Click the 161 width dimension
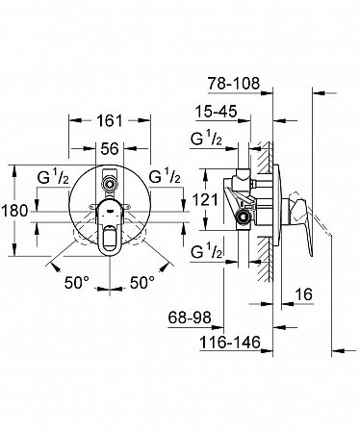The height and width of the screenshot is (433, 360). point(110,120)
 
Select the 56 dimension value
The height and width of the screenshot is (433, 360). point(110,149)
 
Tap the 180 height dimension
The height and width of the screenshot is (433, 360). point(14,211)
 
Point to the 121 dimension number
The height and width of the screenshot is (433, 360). point(205,200)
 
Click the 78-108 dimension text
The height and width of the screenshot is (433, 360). point(234,84)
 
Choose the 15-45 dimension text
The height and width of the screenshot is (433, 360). point(217,112)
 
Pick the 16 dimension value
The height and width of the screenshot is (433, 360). point(303,294)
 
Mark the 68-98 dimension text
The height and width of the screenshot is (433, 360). point(190,318)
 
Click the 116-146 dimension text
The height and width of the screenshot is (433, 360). point(230,343)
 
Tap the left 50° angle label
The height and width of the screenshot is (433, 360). point(77,283)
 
